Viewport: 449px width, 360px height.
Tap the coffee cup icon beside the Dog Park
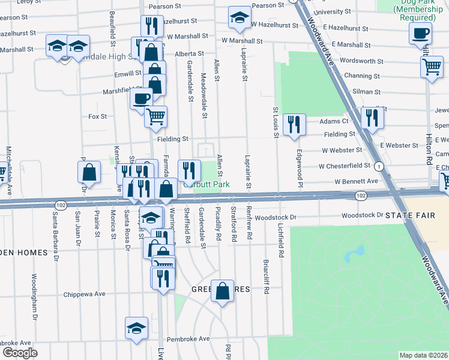point(421,33)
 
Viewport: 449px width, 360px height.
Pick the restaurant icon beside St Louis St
point(294,124)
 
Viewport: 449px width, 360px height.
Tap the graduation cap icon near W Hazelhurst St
point(240,17)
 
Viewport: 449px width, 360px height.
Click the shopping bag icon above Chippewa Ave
point(222,291)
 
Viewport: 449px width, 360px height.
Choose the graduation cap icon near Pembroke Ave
point(137,328)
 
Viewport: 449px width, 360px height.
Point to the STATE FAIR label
point(408,215)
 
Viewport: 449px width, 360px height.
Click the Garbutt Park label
point(214,185)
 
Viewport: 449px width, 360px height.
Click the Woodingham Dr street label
point(34,296)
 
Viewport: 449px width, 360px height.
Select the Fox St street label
point(97,116)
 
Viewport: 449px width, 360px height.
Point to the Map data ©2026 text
point(424,355)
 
